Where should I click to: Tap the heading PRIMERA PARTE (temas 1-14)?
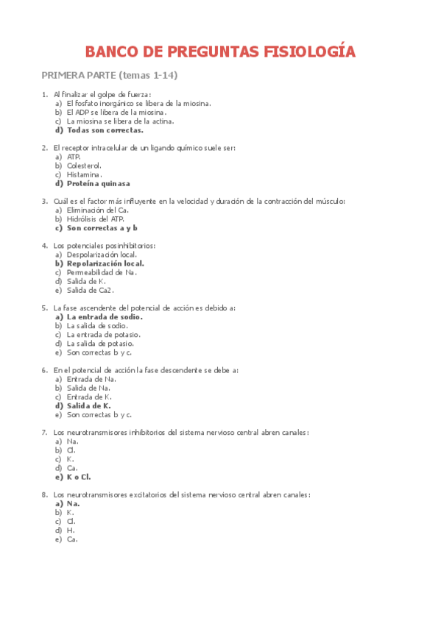[x=110, y=75]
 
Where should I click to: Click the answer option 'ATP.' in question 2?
[x=74, y=157]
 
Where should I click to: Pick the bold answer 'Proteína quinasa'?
[x=98, y=183]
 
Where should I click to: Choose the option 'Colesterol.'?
[x=84, y=166]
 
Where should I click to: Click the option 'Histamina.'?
[x=84, y=174]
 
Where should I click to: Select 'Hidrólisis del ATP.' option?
[x=96, y=219]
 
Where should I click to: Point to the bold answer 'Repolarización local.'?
[x=105, y=263]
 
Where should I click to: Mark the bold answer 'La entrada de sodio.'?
[x=104, y=317]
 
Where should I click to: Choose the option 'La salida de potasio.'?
[x=100, y=344]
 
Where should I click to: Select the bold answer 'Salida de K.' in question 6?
[x=88, y=405]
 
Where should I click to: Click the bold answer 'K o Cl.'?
[x=79, y=477]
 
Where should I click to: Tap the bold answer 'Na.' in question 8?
[x=73, y=504]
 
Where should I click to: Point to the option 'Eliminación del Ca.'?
[x=97, y=210]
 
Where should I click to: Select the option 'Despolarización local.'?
[x=102, y=254]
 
